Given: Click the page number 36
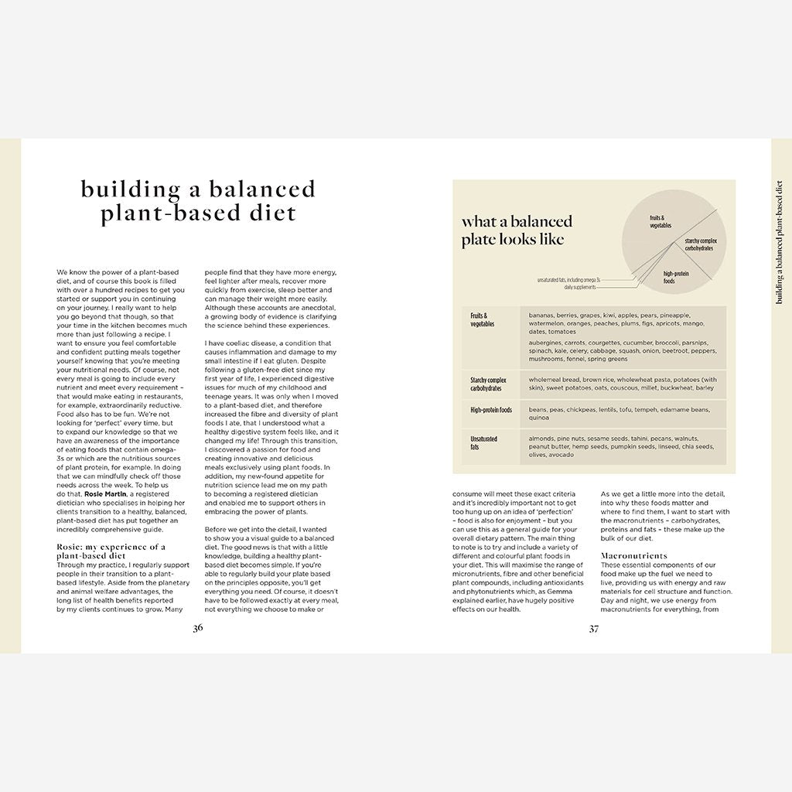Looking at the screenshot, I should click(198, 628).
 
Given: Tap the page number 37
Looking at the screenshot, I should click(593, 628).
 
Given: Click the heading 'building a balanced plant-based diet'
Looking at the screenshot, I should click(198, 201).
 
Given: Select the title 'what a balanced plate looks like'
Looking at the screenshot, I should click(517, 230).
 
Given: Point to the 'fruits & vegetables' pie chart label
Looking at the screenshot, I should click(661, 222).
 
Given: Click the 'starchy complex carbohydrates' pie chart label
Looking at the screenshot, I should click(698, 244).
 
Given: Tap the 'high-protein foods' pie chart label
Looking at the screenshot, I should click(675, 277).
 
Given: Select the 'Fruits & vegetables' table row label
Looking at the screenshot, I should click(483, 320).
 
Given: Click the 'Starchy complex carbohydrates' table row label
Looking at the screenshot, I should click(488, 384).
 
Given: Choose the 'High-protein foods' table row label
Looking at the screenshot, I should click(491, 410).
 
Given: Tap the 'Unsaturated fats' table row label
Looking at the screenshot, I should click(484, 442).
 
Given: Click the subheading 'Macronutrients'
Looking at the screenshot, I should click(633, 555).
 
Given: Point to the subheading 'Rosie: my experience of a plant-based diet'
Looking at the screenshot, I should click(111, 550).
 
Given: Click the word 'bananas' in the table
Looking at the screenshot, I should click(545, 316).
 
